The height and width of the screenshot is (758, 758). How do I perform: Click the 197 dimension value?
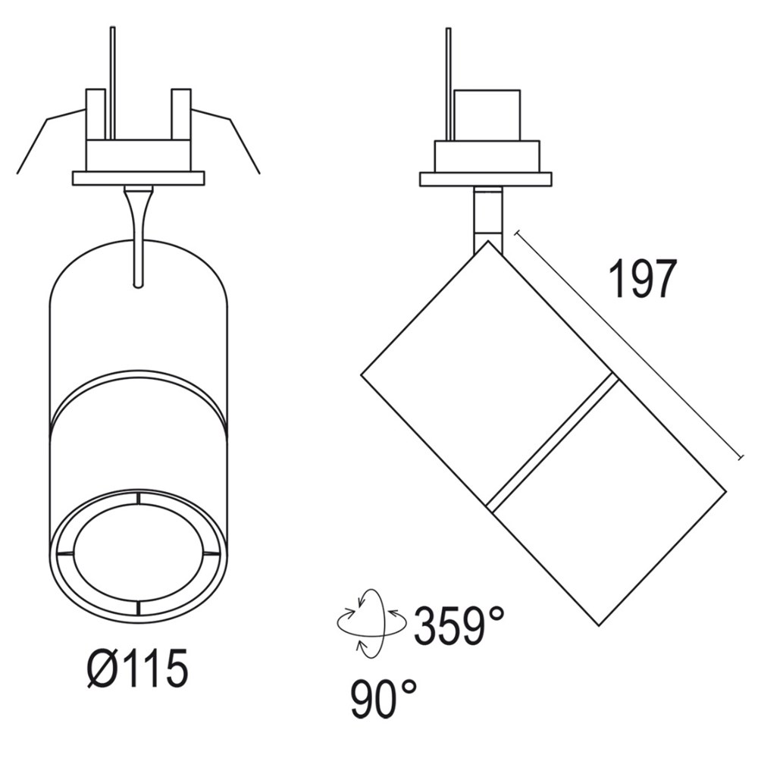643,280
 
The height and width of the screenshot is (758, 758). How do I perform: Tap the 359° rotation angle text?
459,626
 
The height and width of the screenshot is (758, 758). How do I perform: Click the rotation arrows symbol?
362,623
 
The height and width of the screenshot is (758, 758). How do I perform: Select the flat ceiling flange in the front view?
138,178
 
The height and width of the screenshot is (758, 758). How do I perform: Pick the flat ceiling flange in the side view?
486,179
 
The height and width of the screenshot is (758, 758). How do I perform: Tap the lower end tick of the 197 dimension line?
742,457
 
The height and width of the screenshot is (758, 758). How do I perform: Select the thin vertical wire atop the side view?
449,83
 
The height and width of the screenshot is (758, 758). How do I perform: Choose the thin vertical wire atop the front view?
112,83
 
